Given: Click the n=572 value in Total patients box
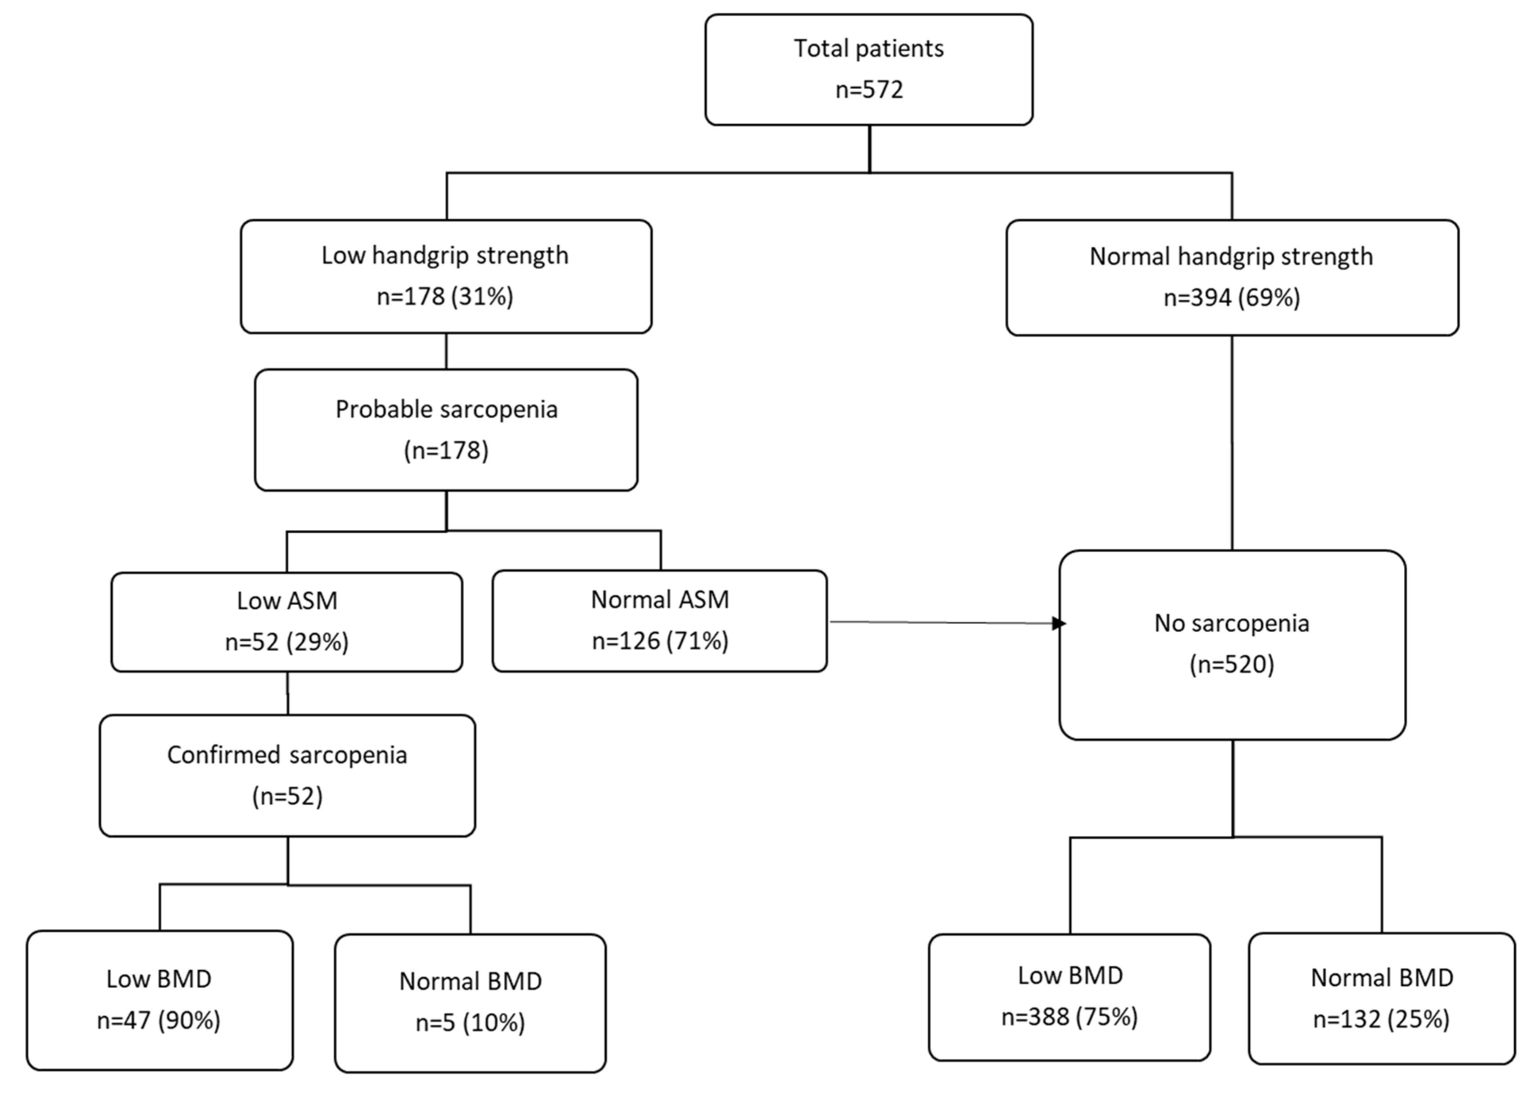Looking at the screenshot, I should (x=869, y=89).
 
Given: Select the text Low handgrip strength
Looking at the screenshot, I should (x=445, y=255).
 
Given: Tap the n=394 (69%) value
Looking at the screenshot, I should (x=1231, y=297).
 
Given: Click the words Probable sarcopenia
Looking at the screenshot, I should (x=446, y=410).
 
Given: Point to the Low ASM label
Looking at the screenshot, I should (x=287, y=601).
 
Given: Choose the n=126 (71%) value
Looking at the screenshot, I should (x=660, y=640).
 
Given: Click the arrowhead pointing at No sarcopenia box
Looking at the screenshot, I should (x=1059, y=623).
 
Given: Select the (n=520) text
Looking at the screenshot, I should (x=1231, y=664).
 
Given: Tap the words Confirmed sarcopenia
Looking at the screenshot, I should (x=287, y=755).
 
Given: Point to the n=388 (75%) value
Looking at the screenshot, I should (x=1069, y=1016).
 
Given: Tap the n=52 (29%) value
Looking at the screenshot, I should (x=287, y=641).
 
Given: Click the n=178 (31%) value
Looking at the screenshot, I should (x=445, y=296).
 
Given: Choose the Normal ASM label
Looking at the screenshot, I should (x=660, y=599).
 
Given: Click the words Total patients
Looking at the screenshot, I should (x=869, y=49).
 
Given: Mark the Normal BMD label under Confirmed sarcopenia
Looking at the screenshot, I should (x=470, y=981).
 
